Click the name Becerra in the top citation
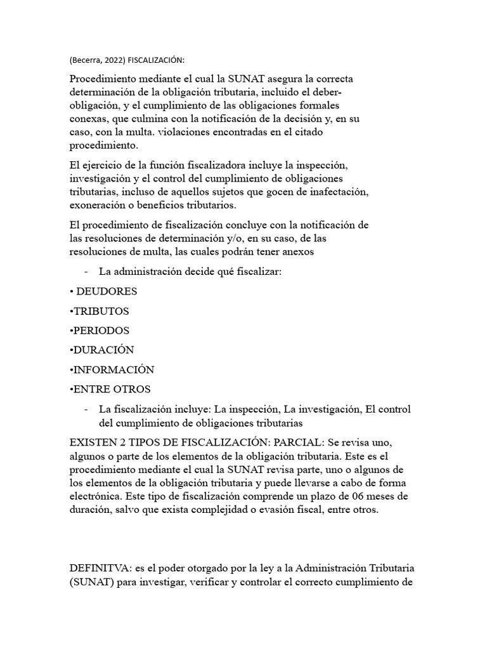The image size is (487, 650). tap(88, 60)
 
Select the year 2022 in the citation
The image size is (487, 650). tap(114, 60)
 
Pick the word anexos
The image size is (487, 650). tap(297, 251)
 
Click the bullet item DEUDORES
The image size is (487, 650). tap(106, 291)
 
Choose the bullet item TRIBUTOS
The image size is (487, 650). tap(101, 311)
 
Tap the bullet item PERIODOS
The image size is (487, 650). tap(101, 331)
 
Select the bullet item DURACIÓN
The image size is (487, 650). tap(104, 350)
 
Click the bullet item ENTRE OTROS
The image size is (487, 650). tap(113, 388)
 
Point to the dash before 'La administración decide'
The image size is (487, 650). tap(86, 272)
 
